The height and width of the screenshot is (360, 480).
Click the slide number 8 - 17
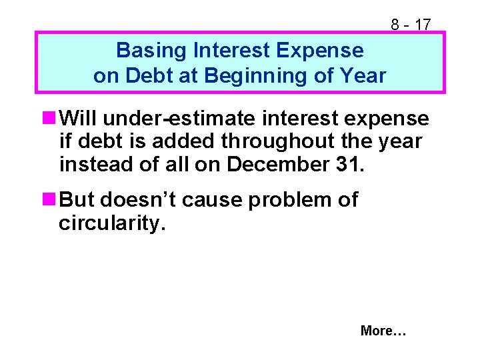(411, 25)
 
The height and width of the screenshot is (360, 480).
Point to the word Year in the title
(363, 75)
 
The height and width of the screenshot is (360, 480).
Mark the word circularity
(111, 223)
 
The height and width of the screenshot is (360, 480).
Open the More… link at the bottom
(383, 331)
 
